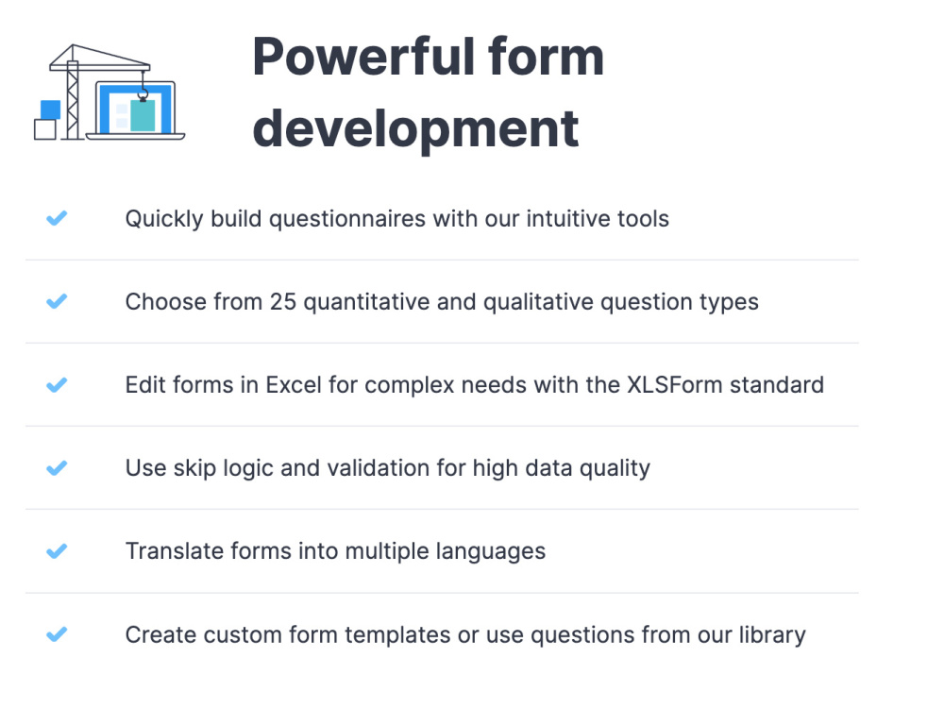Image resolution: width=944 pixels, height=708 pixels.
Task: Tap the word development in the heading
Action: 415,128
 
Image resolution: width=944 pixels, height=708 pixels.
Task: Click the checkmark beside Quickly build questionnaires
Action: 57,219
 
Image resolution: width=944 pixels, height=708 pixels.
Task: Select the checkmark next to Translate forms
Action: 57,551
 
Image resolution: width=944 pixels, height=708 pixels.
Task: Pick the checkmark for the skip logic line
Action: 57,468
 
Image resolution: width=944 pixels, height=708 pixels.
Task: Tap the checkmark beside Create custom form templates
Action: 57,634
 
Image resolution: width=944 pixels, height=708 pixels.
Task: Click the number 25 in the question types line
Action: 283,302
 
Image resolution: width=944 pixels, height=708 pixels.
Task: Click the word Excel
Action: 296,385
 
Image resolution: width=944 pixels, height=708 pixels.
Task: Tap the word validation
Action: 382,468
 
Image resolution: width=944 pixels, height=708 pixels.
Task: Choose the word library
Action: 771,634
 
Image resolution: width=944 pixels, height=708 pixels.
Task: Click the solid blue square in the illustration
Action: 51,109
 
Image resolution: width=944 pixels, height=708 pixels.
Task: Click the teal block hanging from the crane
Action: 143,115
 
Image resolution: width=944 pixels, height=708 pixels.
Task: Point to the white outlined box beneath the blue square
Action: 45,129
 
